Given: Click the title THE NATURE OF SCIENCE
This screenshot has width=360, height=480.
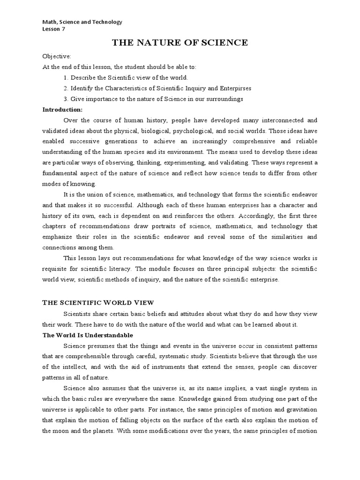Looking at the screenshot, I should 180,43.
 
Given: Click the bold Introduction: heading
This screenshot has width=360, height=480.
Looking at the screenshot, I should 62,110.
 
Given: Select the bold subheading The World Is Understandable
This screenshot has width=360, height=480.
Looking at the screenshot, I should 88,335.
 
